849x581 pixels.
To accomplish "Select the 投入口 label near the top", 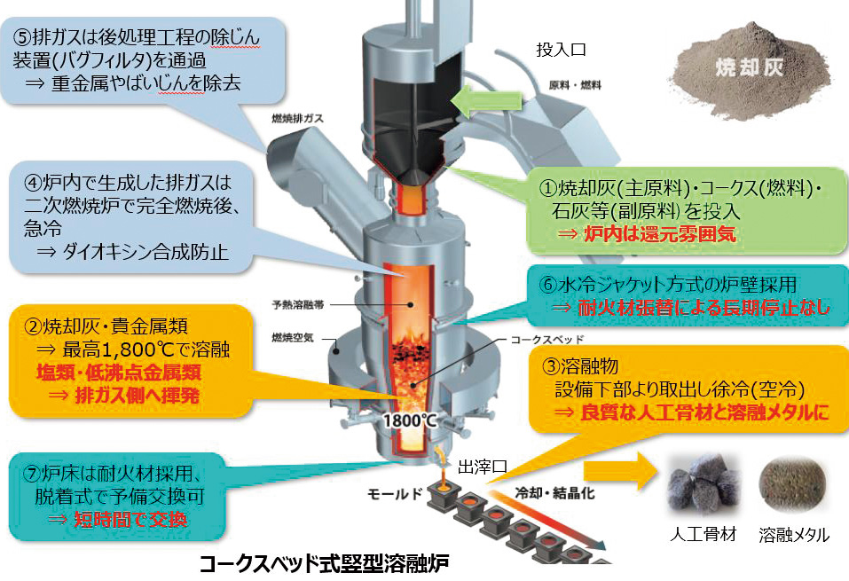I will (x=562, y=49).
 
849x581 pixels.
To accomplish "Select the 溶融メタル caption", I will (x=795, y=534).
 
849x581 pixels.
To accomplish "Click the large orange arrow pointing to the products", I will (x=617, y=470).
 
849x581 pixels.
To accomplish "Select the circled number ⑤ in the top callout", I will (x=20, y=36).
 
